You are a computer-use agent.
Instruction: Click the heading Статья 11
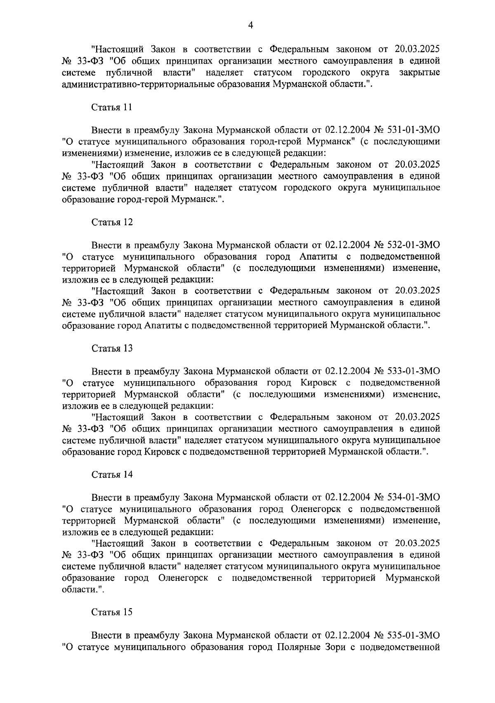click(112, 107)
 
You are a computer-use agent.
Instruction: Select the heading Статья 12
click(112, 222)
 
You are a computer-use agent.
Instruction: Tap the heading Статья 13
click(112, 348)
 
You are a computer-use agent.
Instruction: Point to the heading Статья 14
click(112, 474)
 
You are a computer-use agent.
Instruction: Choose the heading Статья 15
click(112, 612)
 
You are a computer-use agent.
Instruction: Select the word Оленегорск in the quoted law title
click(314, 509)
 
